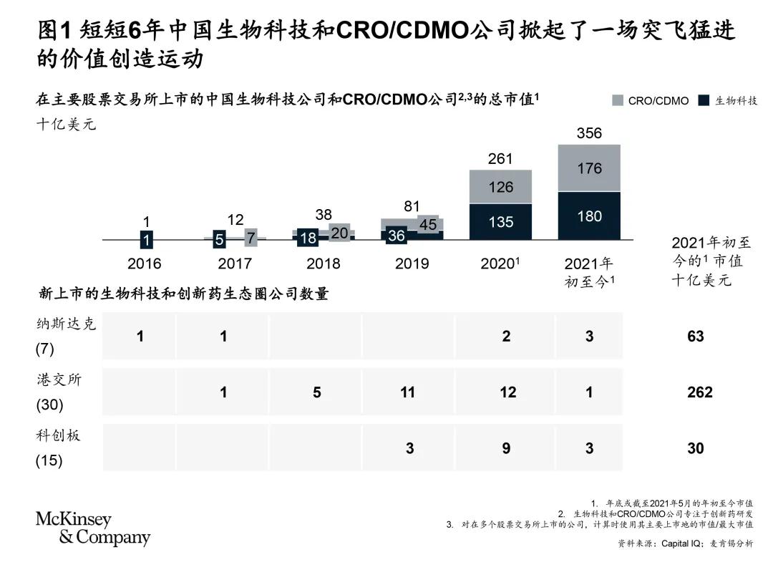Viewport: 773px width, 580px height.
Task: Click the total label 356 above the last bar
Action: pos(589,133)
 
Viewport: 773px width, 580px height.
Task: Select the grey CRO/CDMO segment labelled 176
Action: pos(589,168)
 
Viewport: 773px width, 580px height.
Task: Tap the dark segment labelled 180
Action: pos(589,216)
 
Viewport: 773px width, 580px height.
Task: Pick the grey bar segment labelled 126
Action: pos(500,186)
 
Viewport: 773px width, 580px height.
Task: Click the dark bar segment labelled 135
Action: pos(500,221)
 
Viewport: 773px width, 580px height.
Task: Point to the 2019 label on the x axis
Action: pos(412,264)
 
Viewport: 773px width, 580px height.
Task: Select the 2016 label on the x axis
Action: pos(144,264)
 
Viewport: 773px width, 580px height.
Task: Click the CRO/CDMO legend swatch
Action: pos(617,101)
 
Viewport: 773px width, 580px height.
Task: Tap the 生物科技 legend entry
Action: pos(728,101)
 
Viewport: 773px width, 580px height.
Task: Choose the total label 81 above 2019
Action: pos(412,206)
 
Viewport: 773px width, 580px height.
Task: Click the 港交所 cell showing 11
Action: pos(408,392)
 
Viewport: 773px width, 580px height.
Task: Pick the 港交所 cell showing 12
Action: pos(507,392)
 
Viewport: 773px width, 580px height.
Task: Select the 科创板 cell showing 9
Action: pos(506,448)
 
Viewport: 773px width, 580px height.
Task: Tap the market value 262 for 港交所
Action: pos(699,392)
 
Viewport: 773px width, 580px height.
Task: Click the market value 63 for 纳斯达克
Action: pos(696,337)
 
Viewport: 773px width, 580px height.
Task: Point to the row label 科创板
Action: pos(58,435)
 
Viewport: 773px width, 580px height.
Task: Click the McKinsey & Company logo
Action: pos(92,528)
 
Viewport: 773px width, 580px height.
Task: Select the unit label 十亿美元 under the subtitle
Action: pos(66,124)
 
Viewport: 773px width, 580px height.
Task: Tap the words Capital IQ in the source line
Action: pos(681,543)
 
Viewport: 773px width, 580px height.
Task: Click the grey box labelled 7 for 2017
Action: pos(251,238)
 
